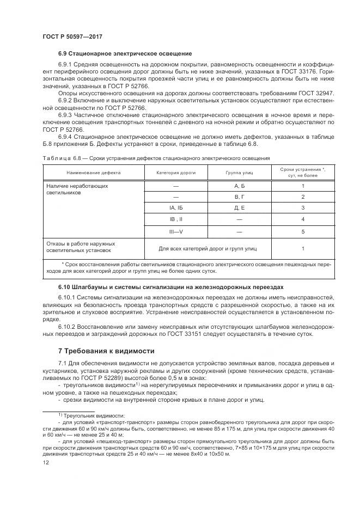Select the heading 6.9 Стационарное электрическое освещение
click(x=125, y=54)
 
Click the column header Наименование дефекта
click(x=94, y=173)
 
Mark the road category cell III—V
click(x=175, y=231)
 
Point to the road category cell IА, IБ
click(x=175, y=207)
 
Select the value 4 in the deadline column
click(x=302, y=219)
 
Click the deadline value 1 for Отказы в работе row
click(x=302, y=248)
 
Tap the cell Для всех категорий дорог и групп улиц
click(x=207, y=248)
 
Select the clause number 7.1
click(x=62, y=363)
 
